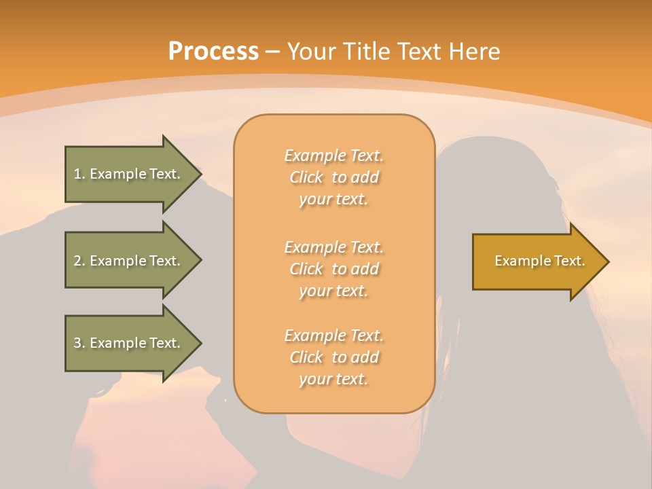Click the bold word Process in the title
coord(213,52)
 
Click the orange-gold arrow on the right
coord(537,261)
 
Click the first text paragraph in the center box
coord(334,177)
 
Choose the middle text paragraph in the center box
coord(334,269)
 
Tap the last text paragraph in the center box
coord(334,357)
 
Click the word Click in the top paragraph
coord(306,177)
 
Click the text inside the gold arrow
coord(539,261)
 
